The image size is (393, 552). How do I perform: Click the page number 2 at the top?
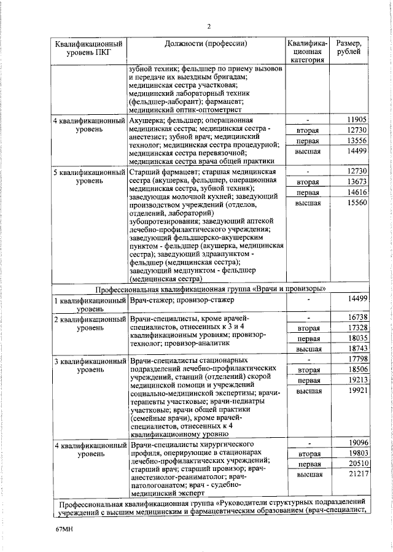pos(209,26)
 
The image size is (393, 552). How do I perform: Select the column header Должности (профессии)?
pos(206,44)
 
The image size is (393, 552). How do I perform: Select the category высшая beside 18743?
pos(309,349)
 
